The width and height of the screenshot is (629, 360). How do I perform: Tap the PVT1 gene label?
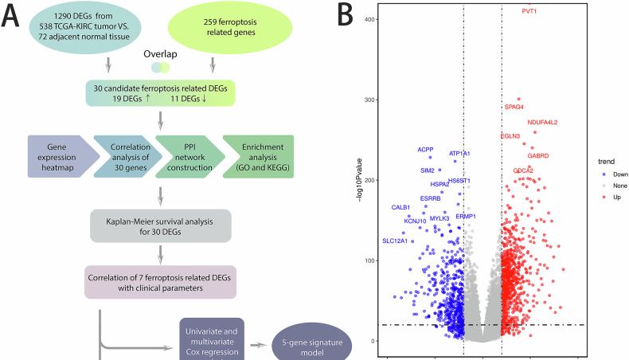(x=529, y=11)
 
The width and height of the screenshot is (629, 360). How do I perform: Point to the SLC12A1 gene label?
(x=395, y=241)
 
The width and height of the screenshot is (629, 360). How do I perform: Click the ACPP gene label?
(x=426, y=150)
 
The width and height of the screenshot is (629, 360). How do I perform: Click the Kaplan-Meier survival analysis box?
(x=162, y=226)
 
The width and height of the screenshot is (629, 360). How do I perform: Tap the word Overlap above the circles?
(x=160, y=55)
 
